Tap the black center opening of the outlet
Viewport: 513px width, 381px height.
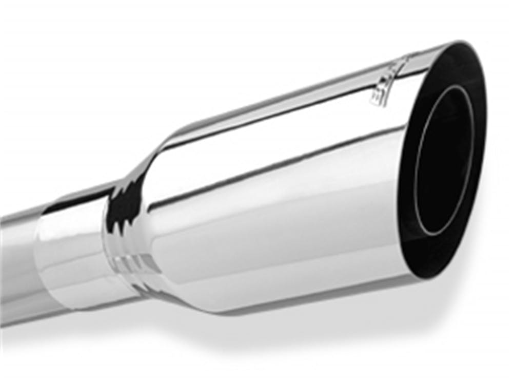coord(444,159)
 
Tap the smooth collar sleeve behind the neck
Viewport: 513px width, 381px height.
coord(72,246)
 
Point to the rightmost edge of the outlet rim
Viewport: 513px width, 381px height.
coord(484,128)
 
